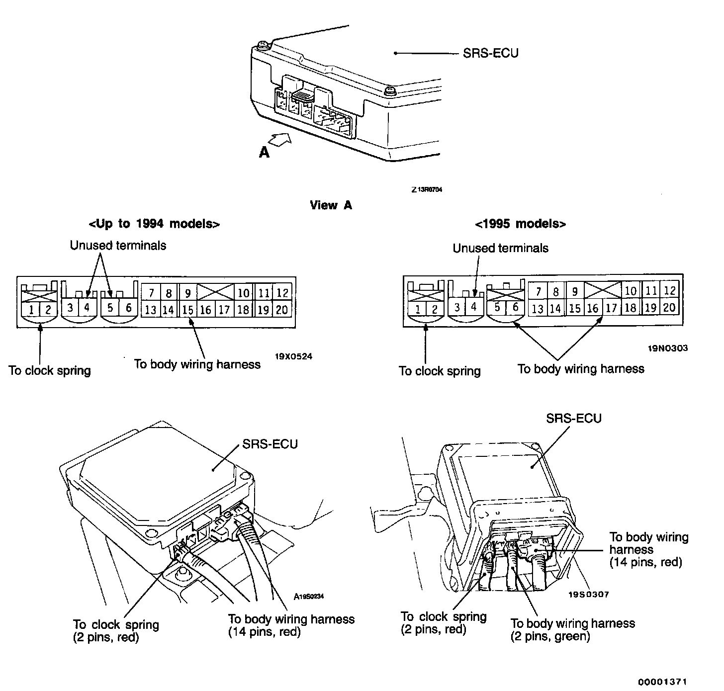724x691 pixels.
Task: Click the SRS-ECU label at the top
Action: coord(490,53)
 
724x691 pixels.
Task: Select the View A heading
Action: coord(331,205)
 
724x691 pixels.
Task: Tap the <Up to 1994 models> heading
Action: coord(154,224)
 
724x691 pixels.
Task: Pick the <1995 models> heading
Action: coord(521,224)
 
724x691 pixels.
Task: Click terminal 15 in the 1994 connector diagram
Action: coord(187,310)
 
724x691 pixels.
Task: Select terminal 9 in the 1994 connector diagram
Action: coord(187,293)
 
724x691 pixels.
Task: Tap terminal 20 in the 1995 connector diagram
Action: coord(669,307)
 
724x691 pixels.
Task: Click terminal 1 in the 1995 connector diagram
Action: coord(417,309)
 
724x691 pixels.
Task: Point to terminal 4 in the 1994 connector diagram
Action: coord(87,307)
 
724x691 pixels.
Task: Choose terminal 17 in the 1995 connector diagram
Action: coord(611,308)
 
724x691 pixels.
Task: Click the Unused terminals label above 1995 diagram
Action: coord(500,249)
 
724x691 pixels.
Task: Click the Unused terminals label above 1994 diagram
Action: coord(118,246)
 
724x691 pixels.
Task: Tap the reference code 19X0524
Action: coord(293,356)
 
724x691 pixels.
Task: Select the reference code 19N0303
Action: coord(668,348)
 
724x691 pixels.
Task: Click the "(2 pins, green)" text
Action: coord(550,636)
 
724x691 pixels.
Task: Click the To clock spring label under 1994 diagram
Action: coord(50,371)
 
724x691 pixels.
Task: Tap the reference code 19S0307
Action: coord(589,594)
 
